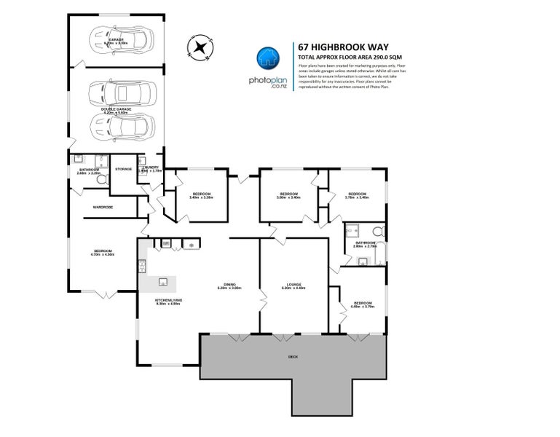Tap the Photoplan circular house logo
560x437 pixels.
pos(267,58)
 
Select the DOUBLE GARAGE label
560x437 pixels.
pos(117,110)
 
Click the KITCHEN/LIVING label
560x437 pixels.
pos(168,300)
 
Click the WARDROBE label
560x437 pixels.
pos(102,207)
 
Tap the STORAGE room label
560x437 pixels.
pos(122,169)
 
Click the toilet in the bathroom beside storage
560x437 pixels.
pos(101,178)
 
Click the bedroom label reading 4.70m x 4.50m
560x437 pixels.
pos(102,252)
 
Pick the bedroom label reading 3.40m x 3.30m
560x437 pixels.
pos(200,195)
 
